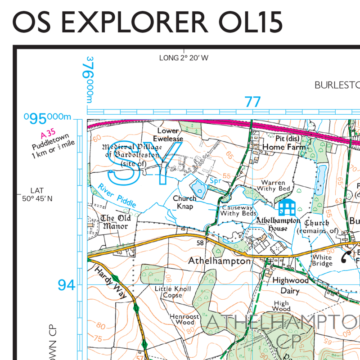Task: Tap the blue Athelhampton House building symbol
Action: click(287, 207)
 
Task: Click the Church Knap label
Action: click(184, 202)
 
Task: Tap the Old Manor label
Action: click(116, 222)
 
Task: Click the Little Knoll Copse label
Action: click(173, 292)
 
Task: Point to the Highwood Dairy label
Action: click(290, 285)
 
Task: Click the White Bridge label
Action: click(322, 261)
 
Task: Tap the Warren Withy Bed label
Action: click(273, 186)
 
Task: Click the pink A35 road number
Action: click(48, 134)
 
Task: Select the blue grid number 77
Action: click(252, 102)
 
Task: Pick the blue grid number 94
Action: click(66, 284)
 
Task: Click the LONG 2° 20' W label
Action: click(184, 58)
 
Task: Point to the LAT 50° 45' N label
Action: click(37, 194)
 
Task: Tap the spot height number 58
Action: click(200, 243)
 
